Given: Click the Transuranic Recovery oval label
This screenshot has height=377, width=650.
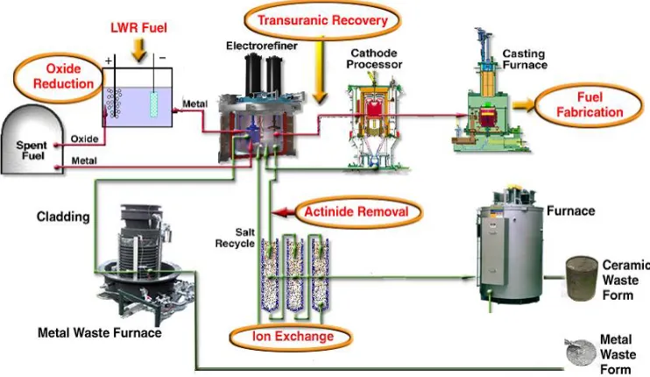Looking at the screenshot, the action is click(x=322, y=20).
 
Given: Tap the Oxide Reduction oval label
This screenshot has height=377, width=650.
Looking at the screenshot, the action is click(x=60, y=77).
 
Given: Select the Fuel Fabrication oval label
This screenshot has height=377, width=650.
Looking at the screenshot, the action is click(x=590, y=105).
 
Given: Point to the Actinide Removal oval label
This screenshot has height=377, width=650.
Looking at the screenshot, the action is click(x=358, y=212).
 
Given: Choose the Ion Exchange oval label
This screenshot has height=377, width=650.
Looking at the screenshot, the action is click(x=292, y=337).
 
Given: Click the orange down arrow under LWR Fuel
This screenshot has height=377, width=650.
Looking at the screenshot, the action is click(x=139, y=49).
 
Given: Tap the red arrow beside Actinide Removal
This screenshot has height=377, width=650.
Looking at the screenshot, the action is click(x=284, y=212).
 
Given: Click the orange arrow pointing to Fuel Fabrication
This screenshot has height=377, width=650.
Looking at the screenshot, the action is click(x=524, y=105).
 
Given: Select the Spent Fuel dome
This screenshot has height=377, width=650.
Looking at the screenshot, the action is click(x=32, y=139).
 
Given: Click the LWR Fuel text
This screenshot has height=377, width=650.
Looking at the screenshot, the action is click(x=139, y=28).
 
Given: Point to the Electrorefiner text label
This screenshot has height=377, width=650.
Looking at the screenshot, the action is click(x=262, y=46).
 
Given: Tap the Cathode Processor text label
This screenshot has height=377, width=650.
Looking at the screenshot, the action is click(x=374, y=59).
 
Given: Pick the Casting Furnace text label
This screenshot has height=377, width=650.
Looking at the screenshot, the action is click(x=525, y=60).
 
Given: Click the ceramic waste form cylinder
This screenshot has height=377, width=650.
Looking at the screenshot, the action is click(x=582, y=278).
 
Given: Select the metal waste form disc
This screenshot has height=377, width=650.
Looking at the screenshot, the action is click(x=580, y=352).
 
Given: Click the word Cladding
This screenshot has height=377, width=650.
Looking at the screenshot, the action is click(x=63, y=217).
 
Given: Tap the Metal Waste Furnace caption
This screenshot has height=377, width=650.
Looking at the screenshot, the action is click(x=100, y=332).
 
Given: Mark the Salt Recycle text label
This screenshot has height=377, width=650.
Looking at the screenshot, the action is click(x=235, y=238).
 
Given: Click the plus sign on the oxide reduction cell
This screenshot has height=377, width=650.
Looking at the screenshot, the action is click(x=109, y=61).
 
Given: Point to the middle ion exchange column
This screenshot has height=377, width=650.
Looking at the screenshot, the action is click(x=294, y=274).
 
